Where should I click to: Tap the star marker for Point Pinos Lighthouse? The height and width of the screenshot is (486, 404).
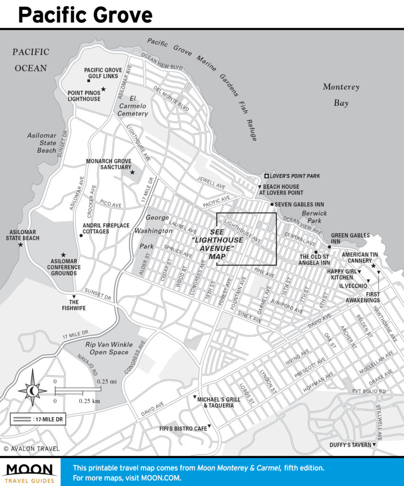point(103,89)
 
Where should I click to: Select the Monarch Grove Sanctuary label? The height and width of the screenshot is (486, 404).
point(109,164)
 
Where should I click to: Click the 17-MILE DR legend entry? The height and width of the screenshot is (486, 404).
point(38,419)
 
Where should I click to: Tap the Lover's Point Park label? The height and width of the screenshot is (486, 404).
point(294,176)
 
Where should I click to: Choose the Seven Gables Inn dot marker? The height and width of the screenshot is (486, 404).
point(272,205)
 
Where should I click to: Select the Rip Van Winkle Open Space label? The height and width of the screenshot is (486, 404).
point(107,348)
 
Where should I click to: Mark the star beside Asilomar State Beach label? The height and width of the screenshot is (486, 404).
point(20,245)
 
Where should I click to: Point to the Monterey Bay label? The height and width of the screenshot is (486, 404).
point(341,94)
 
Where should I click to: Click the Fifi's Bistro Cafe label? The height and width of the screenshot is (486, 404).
point(183,429)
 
